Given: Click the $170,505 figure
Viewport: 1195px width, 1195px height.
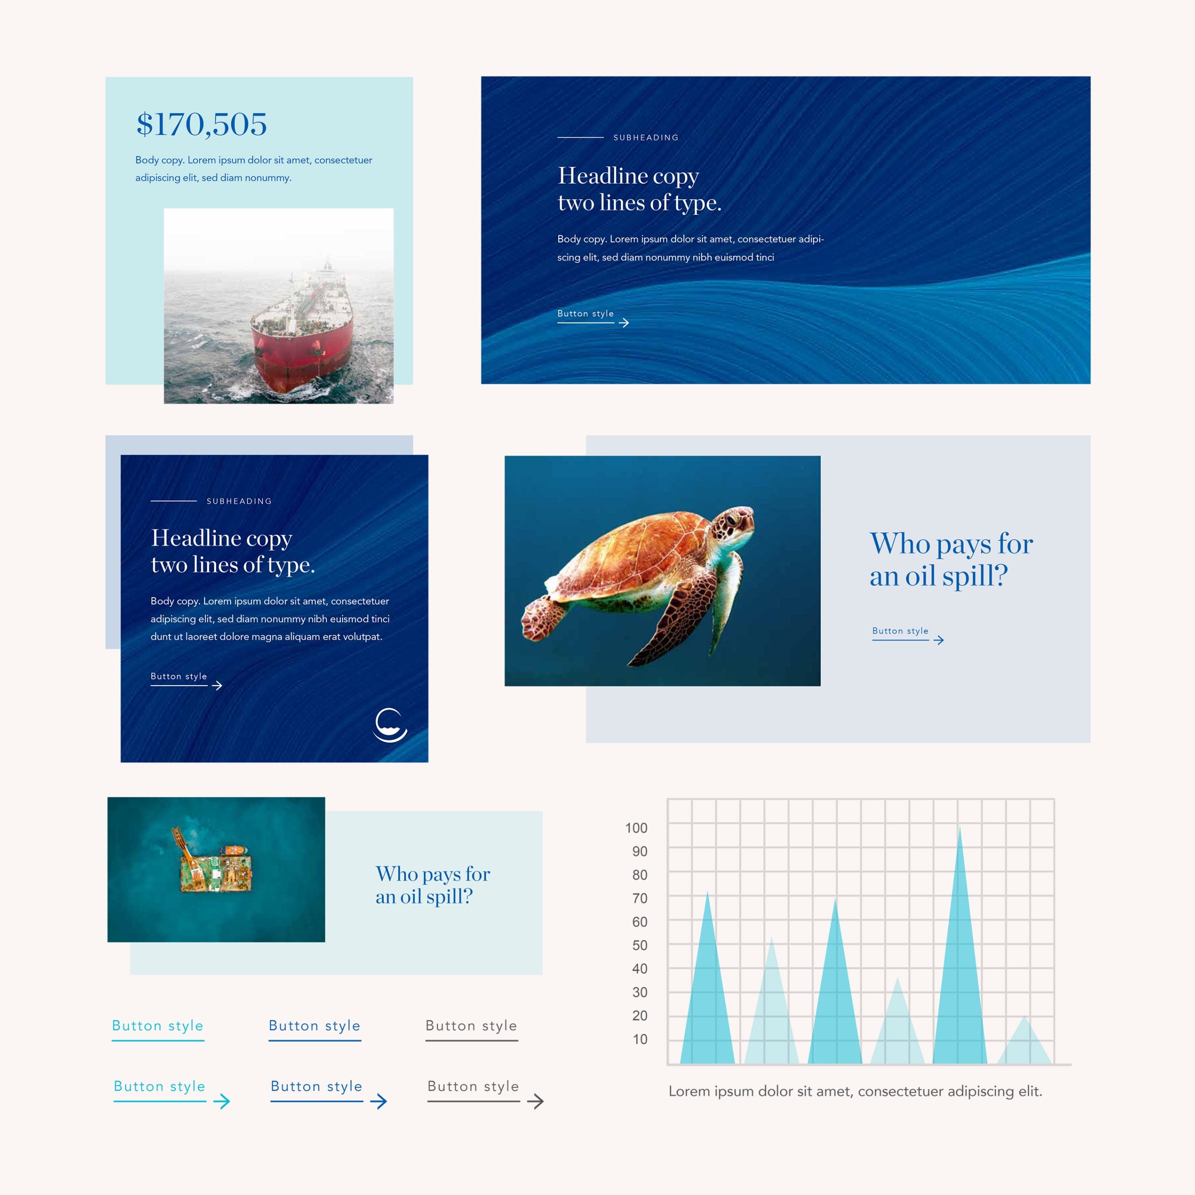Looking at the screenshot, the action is pos(202,124).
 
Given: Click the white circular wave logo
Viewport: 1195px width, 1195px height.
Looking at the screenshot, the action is pos(390,725).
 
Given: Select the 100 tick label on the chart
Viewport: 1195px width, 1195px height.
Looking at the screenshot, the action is pos(636,828).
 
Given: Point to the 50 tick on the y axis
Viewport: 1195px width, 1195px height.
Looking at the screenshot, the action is pos(640,945).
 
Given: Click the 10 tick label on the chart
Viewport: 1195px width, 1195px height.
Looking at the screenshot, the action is pos(640,1039).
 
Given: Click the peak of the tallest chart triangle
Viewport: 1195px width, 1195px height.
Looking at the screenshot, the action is pos(959,826).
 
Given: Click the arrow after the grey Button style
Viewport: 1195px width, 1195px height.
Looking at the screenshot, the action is pos(535,1101).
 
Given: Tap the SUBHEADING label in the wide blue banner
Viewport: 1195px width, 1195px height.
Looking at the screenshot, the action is pos(646,137).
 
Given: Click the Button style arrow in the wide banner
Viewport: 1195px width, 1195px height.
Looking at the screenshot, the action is pos(624,322).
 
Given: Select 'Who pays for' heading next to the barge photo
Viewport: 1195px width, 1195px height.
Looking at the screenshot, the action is pos(433,873).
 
